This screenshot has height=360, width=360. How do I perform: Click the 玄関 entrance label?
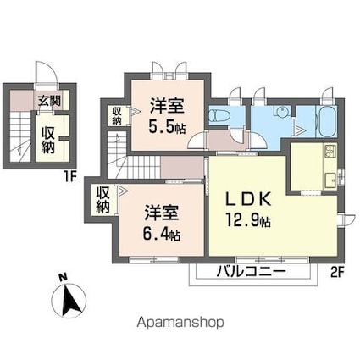coord(50,101)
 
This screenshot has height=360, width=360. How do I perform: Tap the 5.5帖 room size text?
coord(167,128)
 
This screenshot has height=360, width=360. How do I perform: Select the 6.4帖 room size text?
coord(162,234)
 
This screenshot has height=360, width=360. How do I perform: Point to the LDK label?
coord(248,199)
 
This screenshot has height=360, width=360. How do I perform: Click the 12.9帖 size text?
coord(248,220)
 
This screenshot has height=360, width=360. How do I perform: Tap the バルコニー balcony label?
coord(252,272)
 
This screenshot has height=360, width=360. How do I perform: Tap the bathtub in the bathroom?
coord(328,122)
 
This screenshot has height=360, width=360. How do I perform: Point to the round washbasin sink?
coord(281,111)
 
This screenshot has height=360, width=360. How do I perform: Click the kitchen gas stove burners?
coord(330,152)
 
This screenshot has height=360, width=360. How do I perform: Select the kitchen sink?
coord(330,180)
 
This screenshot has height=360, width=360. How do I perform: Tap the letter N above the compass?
coord(64,277)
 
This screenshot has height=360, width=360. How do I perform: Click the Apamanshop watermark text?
coord(180,322)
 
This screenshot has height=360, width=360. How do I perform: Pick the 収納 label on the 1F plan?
coord(47,140)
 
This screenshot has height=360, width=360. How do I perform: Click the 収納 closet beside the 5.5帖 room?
coord(116,116)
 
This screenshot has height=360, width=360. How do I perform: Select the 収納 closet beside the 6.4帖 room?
coord(102,200)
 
